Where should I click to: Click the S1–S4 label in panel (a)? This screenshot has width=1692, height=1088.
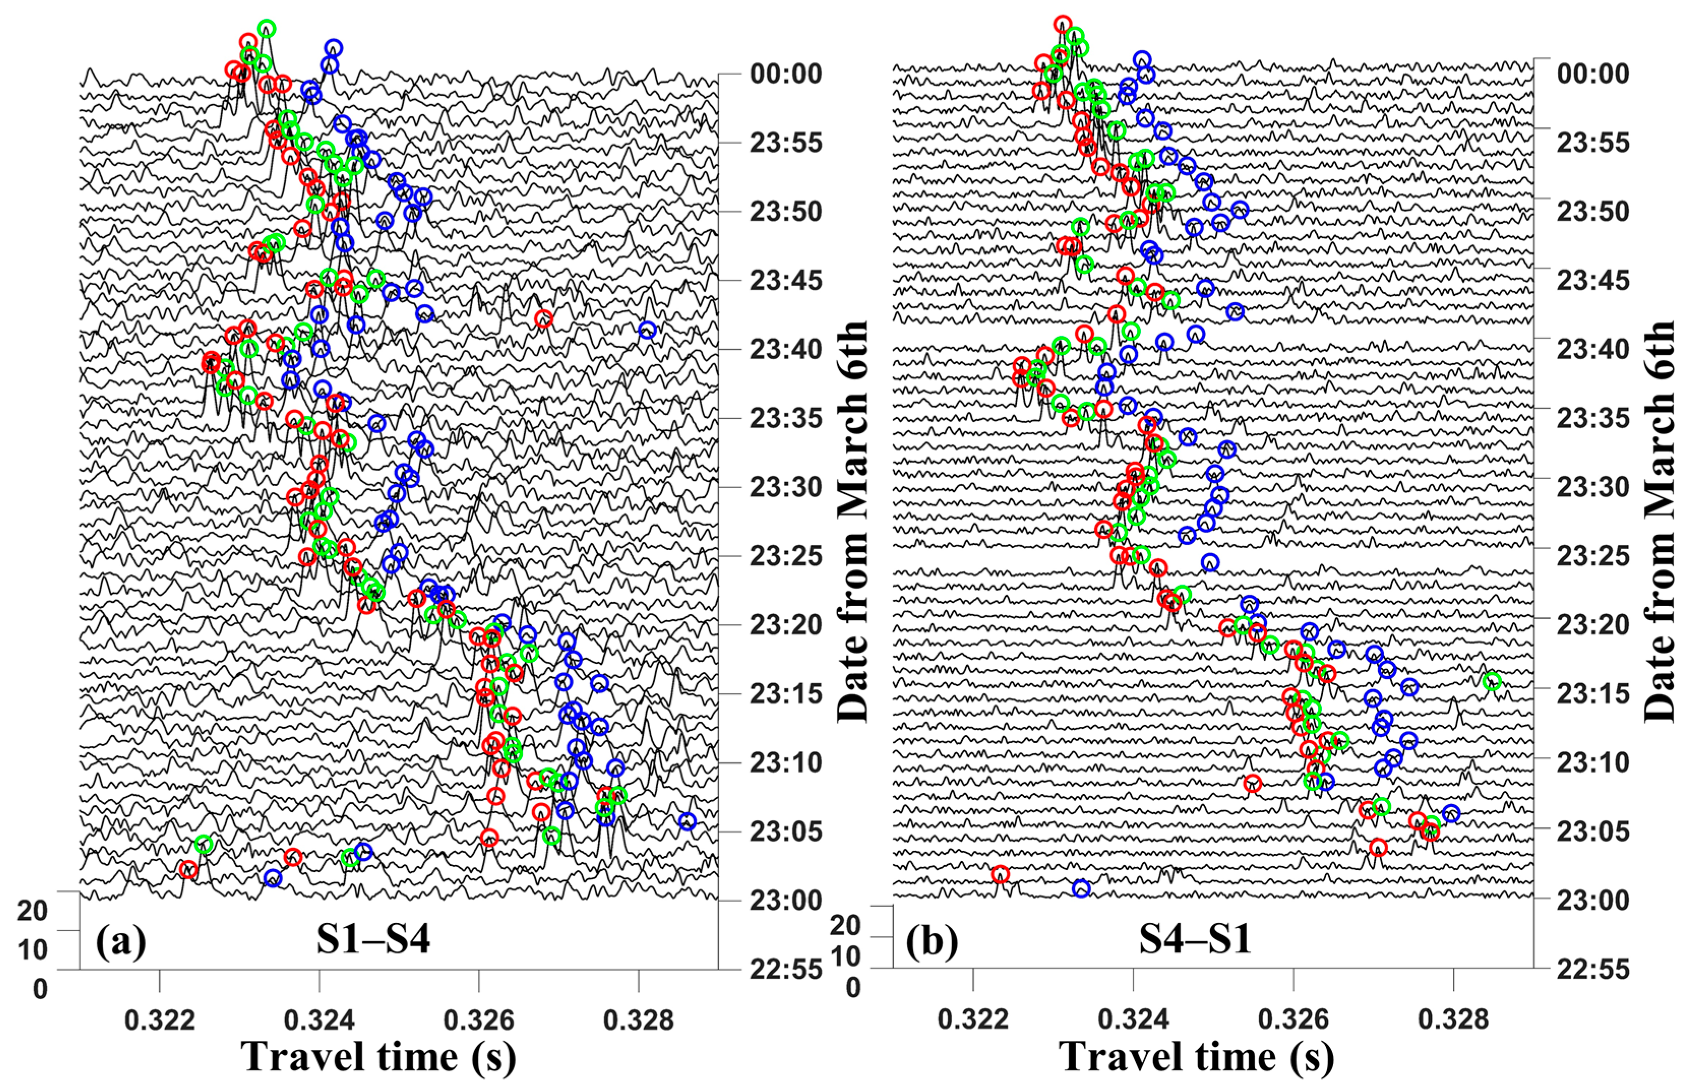[x=373, y=940]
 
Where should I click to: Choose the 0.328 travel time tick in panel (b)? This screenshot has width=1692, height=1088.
[x=1453, y=1019]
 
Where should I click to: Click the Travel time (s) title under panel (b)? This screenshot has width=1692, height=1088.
[x=1196, y=1058]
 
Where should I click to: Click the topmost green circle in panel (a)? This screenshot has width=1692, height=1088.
[x=266, y=29]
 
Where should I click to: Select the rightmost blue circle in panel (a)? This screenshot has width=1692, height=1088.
[x=687, y=821]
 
